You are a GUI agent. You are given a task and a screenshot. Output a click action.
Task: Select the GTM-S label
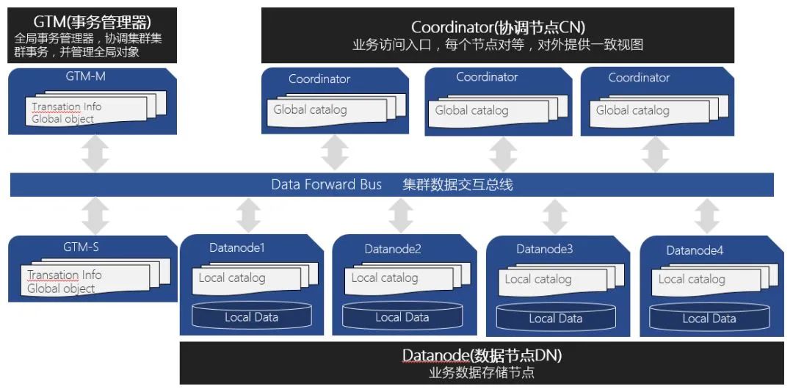pyautogui.click(x=81, y=247)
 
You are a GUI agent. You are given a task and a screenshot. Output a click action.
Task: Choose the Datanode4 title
pyautogui.click(x=695, y=250)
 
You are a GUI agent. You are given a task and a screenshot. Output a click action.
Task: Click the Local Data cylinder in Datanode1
pyautogui.click(x=251, y=317)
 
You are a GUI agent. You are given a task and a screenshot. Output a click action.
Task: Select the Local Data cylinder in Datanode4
pyautogui.click(x=709, y=318)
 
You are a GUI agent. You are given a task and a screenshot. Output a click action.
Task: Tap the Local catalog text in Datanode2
pyautogui.click(x=384, y=278)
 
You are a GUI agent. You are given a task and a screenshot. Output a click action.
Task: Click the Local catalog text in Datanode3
pyautogui.click(x=537, y=279)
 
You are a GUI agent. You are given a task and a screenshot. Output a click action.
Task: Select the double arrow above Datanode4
pyautogui.click(x=707, y=216)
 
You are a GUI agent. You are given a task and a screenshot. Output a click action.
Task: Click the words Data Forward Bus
pyautogui.click(x=326, y=184)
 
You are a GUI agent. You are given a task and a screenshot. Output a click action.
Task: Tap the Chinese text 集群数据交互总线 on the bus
pyautogui.click(x=457, y=184)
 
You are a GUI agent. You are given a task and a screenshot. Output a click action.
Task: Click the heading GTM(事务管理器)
pyautogui.click(x=93, y=22)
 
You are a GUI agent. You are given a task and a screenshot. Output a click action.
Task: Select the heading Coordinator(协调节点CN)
pyautogui.click(x=498, y=27)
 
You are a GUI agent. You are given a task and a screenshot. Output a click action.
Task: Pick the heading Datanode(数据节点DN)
pyautogui.click(x=482, y=356)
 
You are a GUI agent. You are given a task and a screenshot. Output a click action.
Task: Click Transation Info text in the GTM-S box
pyautogui.click(x=65, y=275)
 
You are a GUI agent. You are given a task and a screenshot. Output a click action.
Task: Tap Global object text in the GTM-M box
pyautogui.click(x=62, y=119)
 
